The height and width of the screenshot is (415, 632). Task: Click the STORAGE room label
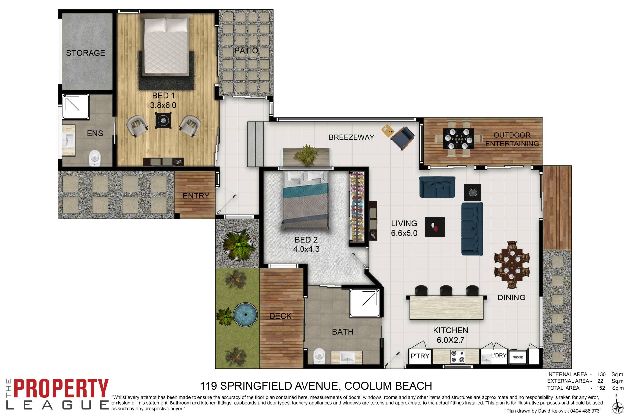pyautogui.click(x=86, y=53)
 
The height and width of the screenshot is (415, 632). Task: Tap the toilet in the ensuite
pyautogui.click(x=95, y=158)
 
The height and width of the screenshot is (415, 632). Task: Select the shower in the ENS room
pyautogui.click(x=76, y=107)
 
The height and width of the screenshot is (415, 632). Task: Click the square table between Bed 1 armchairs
pyautogui.click(x=163, y=120)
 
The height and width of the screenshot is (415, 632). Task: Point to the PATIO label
pyautogui.click(x=246, y=51)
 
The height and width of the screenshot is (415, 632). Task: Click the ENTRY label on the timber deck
pyautogui.click(x=196, y=196)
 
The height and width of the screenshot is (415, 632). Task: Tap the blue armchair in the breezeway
pyautogui.click(x=402, y=138)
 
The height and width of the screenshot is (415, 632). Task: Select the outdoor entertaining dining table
pyautogui.click(x=459, y=139)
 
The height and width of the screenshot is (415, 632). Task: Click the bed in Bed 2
pyautogui.click(x=305, y=201)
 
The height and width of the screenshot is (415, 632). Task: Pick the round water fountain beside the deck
pyautogui.click(x=245, y=315)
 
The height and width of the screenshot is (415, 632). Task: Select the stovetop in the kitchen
pyautogui.click(x=458, y=356)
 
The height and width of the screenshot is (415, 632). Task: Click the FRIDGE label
pyautogui.click(x=517, y=357)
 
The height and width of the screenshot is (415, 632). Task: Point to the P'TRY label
pyautogui.click(x=420, y=356)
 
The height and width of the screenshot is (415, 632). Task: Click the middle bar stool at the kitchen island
pyautogui.click(x=446, y=290)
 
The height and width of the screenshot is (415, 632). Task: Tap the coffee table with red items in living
pyautogui.click(x=434, y=227)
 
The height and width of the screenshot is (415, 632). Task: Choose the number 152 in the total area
pyautogui.click(x=601, y=388)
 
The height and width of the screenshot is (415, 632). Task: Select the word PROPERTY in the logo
pyautogui.click(x=61, y=389)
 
